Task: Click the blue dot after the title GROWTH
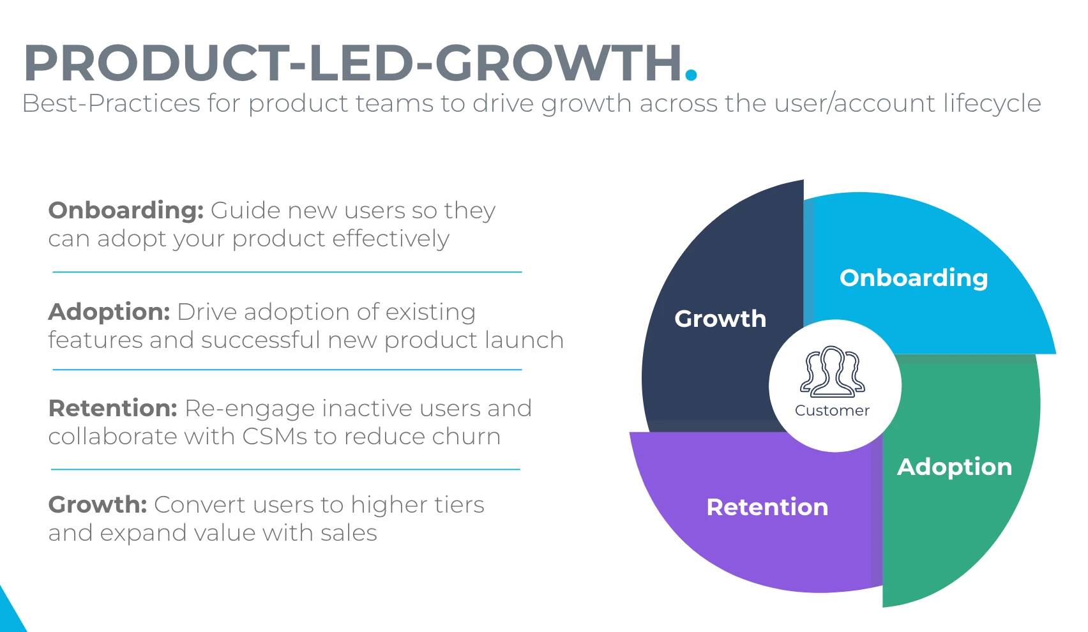[x=691, y=74]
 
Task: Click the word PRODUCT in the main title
[x=156, y=63]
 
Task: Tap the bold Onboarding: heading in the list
[x=126, y=211]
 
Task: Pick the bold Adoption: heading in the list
[x=109, y=312]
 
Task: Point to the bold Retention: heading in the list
[x=112, y=408]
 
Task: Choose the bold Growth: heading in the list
[x=98, y=505]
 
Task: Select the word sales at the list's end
[x=349, y=533]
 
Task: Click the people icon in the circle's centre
[x=832, y=372]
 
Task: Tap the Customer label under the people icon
[x=832, y=410]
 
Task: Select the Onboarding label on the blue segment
[x=914, y=278]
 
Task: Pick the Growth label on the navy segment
[x=720, y=319]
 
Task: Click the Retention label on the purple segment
[x=767, y=507]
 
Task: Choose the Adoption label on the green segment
[x=955, y=467]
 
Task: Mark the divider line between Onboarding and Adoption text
[x=287, y=272]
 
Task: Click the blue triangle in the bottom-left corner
[x=9, y=615]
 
